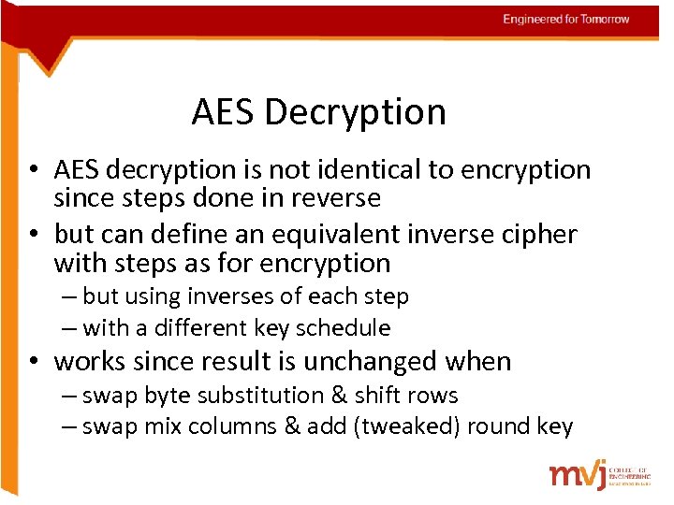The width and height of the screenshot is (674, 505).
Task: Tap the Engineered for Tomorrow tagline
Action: point(565,19)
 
